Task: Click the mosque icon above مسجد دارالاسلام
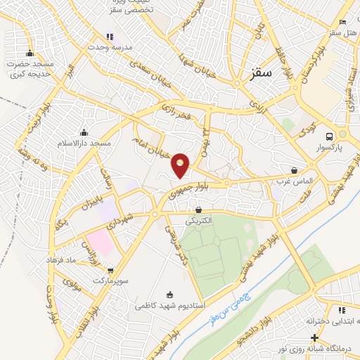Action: [x=84, y=132]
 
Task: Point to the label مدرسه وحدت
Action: [x=109, y=46]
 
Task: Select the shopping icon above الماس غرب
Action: [x=294, y=170]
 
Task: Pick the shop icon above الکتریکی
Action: [x=199, y=210]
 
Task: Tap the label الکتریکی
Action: [x=199, y=220]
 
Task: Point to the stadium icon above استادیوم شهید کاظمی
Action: [x=169, y=295]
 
